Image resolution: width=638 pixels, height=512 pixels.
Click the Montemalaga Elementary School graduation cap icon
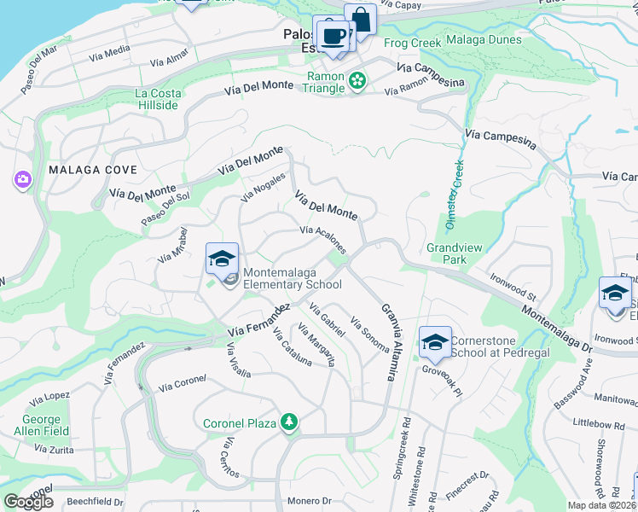coord(222,259)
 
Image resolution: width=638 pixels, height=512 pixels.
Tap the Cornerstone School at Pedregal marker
coord(435,342)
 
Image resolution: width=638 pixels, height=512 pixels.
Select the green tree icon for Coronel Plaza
coord(289,422)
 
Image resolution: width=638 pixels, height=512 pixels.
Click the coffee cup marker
coord(333,37)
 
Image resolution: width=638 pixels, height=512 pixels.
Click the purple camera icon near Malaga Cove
coord(21,180)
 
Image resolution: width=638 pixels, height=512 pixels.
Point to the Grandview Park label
coord(455,253)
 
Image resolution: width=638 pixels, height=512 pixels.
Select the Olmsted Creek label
coord(454,195)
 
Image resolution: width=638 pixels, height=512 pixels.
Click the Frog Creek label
coord(413,43)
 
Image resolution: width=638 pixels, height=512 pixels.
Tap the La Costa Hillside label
coord(157,99)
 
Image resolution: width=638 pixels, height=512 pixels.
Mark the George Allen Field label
coord(42,425)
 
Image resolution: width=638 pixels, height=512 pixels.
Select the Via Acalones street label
coord(323,239)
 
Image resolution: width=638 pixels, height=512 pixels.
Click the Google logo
coord(29,502)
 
